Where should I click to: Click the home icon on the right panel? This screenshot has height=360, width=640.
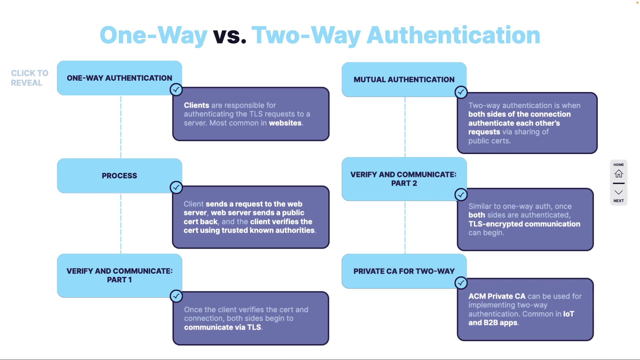coord(619,174)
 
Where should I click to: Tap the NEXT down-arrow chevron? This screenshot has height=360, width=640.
coord(619,193)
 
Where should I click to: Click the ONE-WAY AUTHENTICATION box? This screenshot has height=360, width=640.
coord(119,78)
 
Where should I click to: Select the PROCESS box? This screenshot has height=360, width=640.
coord(119,176)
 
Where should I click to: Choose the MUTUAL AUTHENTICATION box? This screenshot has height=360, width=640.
coord(404,80)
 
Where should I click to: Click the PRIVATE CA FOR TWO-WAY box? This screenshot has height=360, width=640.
coord(404,271)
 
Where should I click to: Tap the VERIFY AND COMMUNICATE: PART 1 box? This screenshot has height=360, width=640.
coord(119,275)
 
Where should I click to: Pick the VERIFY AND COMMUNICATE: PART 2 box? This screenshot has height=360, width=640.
coord(404,179)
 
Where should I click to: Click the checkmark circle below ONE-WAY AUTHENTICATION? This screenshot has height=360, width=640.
coord(176,89)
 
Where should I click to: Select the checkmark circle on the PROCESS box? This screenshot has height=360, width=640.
coord(176,187)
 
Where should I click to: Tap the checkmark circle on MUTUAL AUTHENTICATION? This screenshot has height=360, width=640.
coord(461,92)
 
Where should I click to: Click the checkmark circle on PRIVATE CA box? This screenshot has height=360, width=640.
coord(461,283)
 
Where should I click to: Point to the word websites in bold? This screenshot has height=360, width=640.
coord(285,123)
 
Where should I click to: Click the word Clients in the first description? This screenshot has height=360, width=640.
coord(196,105)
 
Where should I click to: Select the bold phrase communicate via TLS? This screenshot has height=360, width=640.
coord(223,327)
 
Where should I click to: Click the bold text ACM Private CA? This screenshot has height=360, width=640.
coord(497,296)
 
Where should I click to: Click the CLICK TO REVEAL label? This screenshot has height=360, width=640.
coord(29,78)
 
